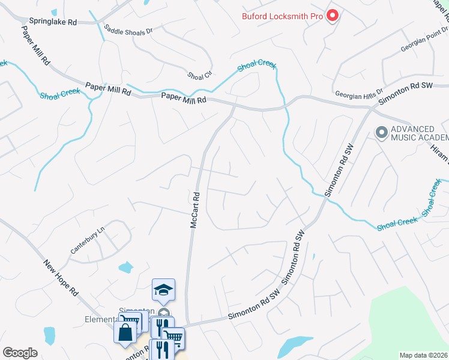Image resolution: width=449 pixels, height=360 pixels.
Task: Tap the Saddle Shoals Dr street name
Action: [x=128, y=29]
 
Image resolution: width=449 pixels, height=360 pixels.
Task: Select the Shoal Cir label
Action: [x=200, y=75]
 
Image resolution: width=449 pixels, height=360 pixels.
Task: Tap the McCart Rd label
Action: [x=194, y=209]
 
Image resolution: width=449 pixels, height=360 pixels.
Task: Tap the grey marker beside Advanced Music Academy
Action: [x=381, y=133]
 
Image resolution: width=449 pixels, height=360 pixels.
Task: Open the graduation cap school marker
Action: [x=163, y=290]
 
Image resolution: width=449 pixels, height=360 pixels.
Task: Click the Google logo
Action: [x=20, y=352]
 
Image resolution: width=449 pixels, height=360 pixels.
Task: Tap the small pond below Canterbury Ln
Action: [x=125, y=267]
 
